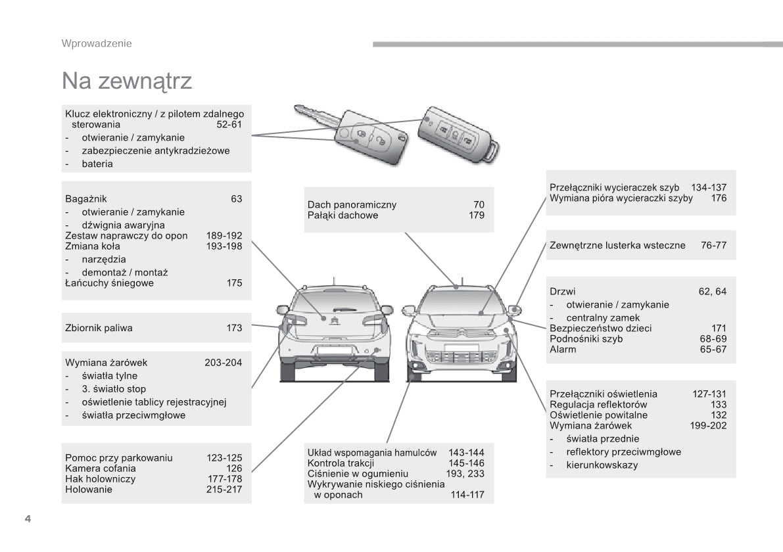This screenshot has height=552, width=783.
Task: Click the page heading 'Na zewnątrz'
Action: tap(127, 81)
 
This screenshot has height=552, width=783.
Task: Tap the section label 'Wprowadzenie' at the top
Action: tap(97, 43)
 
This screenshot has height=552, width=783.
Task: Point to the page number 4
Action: tap(28, 519)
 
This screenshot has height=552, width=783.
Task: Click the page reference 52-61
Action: tap(229, 124)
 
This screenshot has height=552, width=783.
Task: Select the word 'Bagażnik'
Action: tap(86, 198)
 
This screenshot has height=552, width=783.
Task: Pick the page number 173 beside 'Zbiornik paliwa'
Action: tap(234, 327)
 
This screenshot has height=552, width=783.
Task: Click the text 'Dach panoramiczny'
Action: tap(352, 204)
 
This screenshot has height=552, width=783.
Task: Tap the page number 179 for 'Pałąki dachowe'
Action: tap(477, 215)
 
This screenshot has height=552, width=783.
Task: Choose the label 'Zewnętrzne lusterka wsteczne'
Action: tap(617, 245)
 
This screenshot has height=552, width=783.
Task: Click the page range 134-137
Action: tap(709, 187)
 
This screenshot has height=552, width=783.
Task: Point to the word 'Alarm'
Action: tap(563, 349)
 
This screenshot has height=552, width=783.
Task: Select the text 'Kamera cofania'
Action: tap(101, 468)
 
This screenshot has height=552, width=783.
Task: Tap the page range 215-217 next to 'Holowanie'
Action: tap(224, 489)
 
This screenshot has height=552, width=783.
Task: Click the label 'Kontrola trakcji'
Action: tap(341, 463)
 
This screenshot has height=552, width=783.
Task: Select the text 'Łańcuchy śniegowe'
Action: tap(109, 283)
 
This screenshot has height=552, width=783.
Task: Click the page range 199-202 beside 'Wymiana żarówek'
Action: tap(709, 425)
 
